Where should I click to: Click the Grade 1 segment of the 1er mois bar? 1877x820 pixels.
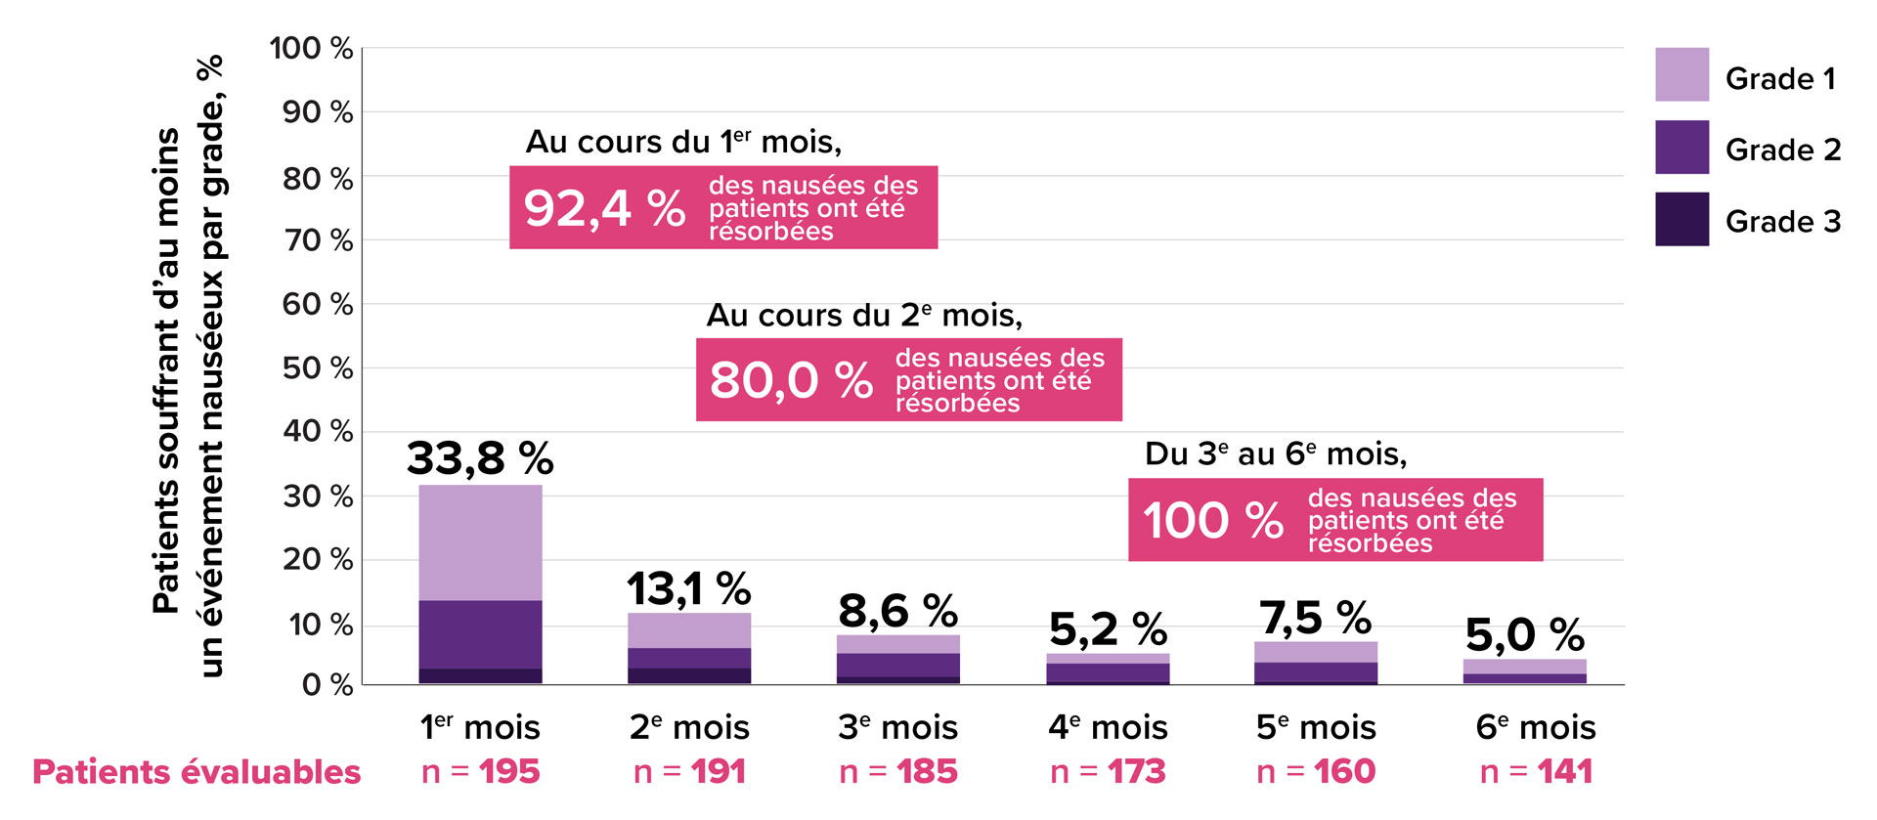(480, 542)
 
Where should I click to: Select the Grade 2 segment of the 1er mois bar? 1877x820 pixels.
(480, 634)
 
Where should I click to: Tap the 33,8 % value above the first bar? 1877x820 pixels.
(480, 457)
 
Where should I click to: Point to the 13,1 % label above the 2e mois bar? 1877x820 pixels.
(688, 588)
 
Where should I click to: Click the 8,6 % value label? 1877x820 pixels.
(897, 611)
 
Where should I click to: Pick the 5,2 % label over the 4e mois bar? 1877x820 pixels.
(1108, 628)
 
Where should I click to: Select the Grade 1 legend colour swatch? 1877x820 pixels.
(1681, 74)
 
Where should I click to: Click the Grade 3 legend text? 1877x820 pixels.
(1782, 221)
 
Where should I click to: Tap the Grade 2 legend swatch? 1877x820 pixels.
(1681, 147)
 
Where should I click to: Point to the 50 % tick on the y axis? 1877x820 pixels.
(317, 367)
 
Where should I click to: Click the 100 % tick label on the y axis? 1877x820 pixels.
(311, 48)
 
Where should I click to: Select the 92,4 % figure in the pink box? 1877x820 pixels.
(604, 208)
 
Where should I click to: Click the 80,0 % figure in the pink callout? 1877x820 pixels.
(790, 379)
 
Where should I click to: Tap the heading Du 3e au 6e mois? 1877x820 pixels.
(1275, 453)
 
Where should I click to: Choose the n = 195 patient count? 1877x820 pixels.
(480, 771)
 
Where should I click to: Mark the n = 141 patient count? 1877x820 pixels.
(1536, 771)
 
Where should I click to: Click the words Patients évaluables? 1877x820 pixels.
(196, 771)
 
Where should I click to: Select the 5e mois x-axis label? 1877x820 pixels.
(1316, 727)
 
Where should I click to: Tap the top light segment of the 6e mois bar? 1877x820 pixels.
(1524, 667)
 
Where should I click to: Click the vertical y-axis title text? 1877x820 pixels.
(188, 367)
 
